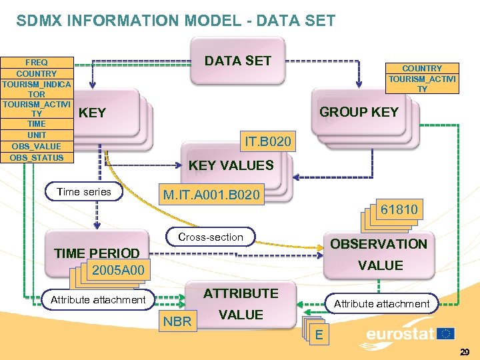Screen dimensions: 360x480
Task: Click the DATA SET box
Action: [237, 61]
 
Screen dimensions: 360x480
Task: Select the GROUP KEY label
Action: [358, 112]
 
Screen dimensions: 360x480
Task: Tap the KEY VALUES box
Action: [231, 165]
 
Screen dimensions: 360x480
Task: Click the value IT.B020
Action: [267, 142]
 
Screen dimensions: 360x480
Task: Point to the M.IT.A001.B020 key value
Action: [213, 195]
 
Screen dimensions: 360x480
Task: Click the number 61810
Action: [399, 210]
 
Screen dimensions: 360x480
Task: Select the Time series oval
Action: [84, 192]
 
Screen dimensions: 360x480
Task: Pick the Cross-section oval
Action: [210, 237]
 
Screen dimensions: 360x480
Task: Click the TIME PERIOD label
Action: [97, 253]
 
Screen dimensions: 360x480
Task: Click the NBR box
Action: [177, 322]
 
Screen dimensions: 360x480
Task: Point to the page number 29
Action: [464, 351]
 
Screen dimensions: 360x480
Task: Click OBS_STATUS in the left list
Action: [37, 158]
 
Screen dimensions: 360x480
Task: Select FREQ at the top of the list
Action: [37, 62]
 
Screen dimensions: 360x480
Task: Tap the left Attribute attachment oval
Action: [98, 300]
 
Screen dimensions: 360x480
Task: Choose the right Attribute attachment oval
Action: [381, 304]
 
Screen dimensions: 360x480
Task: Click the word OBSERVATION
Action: [378, 244]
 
